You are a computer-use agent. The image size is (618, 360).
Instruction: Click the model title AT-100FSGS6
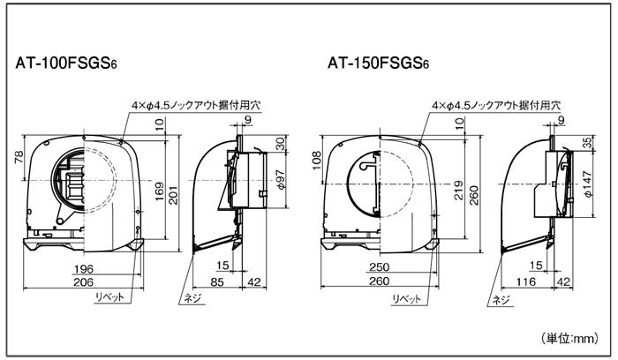pos(66,63)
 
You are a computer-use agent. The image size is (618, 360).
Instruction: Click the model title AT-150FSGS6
pos(379,63)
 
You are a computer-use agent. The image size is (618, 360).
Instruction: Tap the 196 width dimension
pos(84,268)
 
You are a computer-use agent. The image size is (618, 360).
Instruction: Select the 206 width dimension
pos(84,282)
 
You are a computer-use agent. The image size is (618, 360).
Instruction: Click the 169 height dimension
pos(159,191)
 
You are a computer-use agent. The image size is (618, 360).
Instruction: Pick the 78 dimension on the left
pos(19,159)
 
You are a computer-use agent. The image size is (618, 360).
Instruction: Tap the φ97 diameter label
pos(281,180)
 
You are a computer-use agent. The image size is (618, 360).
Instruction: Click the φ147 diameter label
pos(588,184)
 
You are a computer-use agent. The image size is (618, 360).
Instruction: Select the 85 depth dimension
pos(217,282)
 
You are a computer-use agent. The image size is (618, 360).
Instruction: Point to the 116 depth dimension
pos(526,281)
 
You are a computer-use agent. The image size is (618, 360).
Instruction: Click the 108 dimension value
pos(317,161)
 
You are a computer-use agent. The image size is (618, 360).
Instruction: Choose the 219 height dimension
pos(459,191)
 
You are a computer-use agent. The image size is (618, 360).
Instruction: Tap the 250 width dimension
pos(379,267)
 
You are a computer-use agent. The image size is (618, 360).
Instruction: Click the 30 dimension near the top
pos(280,144)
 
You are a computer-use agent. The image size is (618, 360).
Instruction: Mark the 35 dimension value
pos(588,143)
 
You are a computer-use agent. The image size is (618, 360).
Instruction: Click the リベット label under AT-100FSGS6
pos(109,296)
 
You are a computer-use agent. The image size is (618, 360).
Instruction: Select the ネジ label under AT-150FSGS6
pos(501,300)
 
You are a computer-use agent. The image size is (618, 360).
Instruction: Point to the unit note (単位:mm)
pos(569,338)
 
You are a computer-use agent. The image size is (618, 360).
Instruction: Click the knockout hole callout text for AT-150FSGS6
pos(496,106)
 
